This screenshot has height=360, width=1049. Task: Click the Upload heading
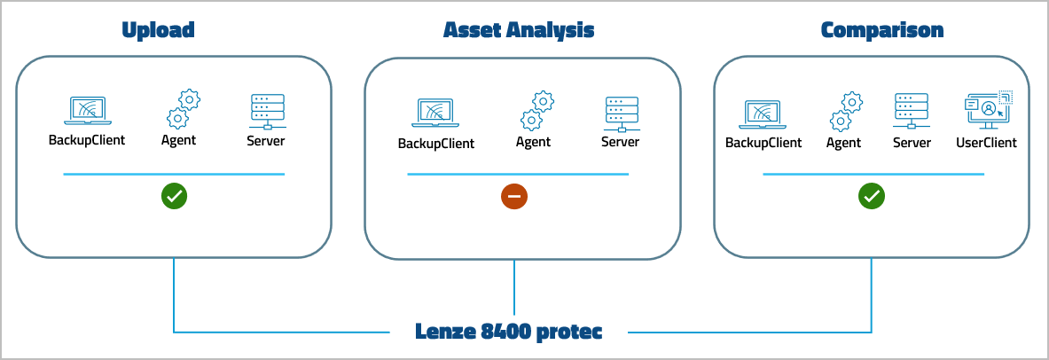(x=158, y=30)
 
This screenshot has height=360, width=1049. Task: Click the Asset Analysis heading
(x=519, y=30)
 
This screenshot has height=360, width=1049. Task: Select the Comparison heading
(x=881, y=30)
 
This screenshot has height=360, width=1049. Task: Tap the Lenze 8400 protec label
(x=509, y=332)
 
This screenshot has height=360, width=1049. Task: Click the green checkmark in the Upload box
(x=174, y=196)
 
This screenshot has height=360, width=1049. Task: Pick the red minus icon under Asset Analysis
(x=514, y=197)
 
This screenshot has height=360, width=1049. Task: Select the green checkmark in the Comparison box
(x=872, y=196)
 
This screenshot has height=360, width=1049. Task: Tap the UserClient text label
(x=986, y=142)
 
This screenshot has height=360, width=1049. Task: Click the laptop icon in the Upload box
(x=86, y=111)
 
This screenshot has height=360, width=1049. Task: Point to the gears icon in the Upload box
(x=182, y=108)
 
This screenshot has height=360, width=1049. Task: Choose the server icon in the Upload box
(x=266, y=111)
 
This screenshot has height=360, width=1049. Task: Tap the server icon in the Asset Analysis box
(x=620, y=113)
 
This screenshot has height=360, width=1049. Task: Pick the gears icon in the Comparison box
(x=845, y=111)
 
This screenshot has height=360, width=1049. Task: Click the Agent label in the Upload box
(x=178, y=140)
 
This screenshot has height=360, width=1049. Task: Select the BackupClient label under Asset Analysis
(x=435, y=144)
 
